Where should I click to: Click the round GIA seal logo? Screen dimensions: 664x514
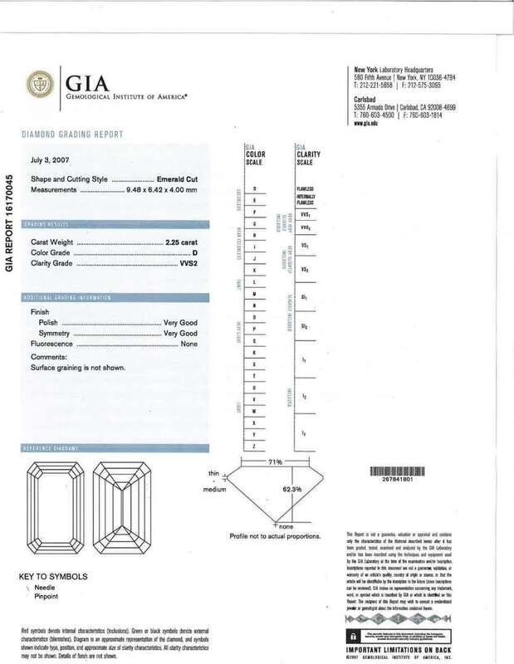click(37, 85)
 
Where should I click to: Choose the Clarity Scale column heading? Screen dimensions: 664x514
click(308, 154)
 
